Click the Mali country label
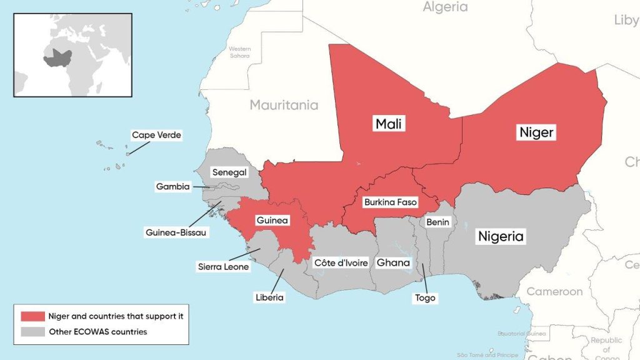coord(389,124)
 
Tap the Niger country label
coord(536,132)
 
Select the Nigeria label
coord(501,237)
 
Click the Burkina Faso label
coord(390,203)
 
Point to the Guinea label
coord(272,221)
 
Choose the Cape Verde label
coord(156,135)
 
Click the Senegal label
coord(229,172)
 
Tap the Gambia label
coord(172,186)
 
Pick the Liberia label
coord(269,297)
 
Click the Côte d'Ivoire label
coord(341,262)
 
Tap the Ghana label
coord(393,262)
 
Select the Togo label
coord(425,298)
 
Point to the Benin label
coord(437,222)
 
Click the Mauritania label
coord(284,105)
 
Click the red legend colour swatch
coord(32,316)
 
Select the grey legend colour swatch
coord(32,332)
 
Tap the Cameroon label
coord(554,291)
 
